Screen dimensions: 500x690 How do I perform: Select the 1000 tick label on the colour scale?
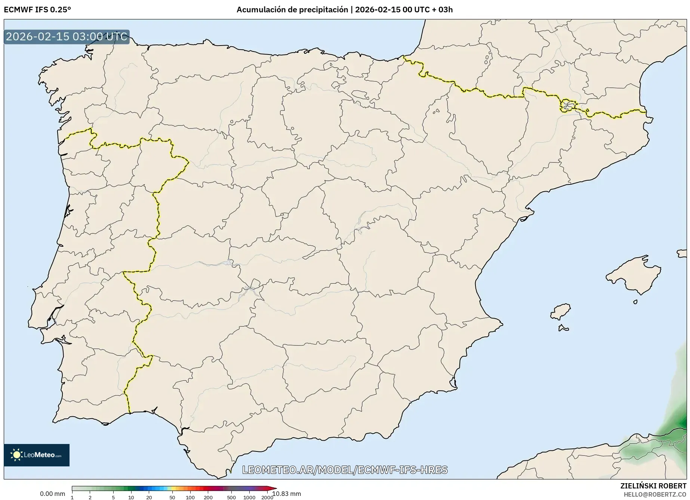coord(249,497)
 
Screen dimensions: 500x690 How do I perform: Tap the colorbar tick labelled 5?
coord(113,497)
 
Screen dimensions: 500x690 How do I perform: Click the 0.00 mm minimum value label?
coord(52,494)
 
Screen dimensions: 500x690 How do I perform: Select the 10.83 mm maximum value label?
coord(287,494)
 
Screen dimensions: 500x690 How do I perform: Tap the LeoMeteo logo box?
coord(37,455)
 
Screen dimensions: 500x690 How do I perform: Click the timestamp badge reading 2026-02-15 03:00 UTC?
coord(67,37)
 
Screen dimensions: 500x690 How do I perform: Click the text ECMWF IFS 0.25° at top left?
coord(37,10)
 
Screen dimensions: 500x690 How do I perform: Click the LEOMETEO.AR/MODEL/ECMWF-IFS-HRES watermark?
coord(345,470)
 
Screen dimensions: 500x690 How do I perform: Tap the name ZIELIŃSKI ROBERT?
coord(653,486)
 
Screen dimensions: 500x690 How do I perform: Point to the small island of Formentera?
coord(563,328)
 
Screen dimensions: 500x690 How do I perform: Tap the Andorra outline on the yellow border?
coord(568,106)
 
